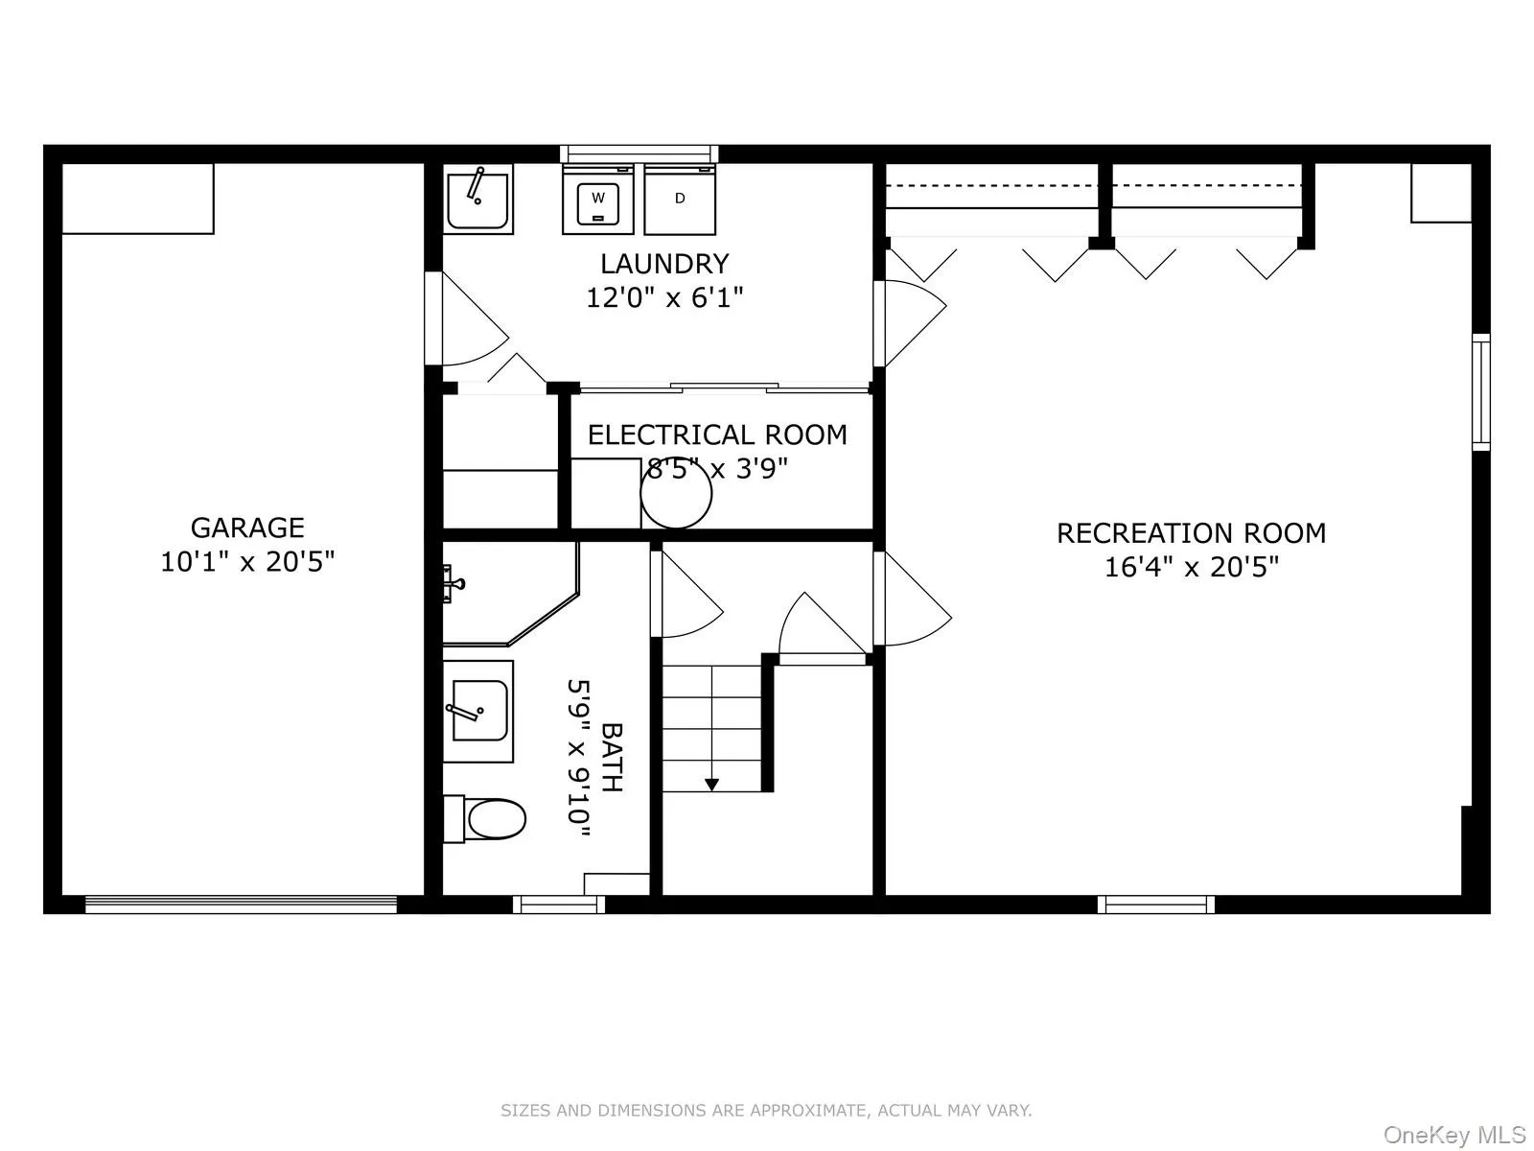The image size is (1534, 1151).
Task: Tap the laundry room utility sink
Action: tap(477, 199)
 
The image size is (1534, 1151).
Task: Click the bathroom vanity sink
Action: tap(477, 711)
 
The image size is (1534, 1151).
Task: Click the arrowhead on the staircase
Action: tap(711, 785)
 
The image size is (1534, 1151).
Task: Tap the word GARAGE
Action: tap(247, 528)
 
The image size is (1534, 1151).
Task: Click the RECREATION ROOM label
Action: tap(1191, 533)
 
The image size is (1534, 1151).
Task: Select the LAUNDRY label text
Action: tap(664, 264)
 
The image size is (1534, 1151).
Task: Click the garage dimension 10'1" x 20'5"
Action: tap(247, 561)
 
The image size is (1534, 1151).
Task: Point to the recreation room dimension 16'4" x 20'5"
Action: tap(1191, 567)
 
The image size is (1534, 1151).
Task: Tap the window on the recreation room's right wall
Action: tap(1481, 391)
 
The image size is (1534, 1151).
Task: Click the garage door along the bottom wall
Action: tap(241, 904)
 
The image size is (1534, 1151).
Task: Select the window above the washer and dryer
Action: tap(639, 153)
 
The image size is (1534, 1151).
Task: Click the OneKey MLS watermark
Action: tap(1453, 1136)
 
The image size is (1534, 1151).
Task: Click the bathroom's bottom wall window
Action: tap(558, 904)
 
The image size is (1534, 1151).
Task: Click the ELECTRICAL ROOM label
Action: tap(717, 435)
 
